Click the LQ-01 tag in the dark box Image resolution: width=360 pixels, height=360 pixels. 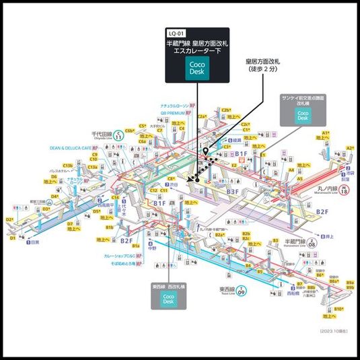[176, 32]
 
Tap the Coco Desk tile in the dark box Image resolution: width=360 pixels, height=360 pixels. [197, 68]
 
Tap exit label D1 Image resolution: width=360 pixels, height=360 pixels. [12, 238]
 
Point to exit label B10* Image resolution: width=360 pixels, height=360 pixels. [339, 308]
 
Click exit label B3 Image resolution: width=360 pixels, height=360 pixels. [275, 240]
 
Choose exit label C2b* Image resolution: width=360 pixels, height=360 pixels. [226, 109]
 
